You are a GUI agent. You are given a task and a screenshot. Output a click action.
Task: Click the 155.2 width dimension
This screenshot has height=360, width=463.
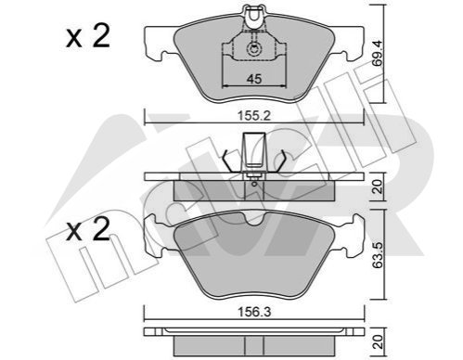click(254, 116)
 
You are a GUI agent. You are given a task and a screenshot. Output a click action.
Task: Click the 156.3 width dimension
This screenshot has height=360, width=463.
click(254, 312)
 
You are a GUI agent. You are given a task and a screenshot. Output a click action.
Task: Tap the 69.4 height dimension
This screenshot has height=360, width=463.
click(378, 53)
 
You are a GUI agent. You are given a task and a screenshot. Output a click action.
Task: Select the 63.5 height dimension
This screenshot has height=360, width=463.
click(378, 255)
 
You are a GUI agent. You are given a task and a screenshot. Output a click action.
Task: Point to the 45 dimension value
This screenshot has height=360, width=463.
click(254, 79)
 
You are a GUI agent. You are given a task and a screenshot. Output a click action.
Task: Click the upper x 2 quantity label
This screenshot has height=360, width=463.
click(88, 36)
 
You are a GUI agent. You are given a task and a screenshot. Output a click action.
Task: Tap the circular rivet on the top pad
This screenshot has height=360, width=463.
click(254, 48)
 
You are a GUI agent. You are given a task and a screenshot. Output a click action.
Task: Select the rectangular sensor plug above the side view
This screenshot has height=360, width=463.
click(254, 150)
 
